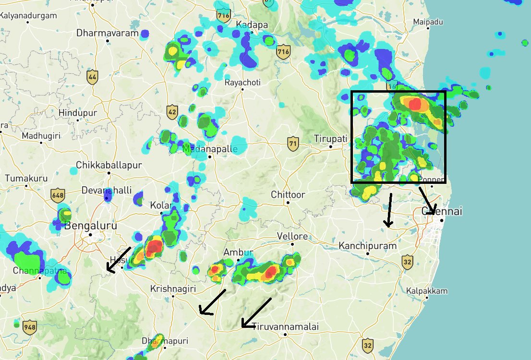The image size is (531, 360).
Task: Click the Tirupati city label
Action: click(330, 138)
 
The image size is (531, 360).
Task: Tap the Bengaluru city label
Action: click(91, 226)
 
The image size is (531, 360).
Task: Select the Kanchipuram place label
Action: click(368, 246)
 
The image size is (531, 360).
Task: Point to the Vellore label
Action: click(292, 236)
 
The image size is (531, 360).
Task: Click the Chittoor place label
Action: click(288, 195)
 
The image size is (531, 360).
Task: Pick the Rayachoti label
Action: click(243, 83)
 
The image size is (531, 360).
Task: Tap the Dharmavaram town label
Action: click(107, 33)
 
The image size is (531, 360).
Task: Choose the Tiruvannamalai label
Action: click(285, 326)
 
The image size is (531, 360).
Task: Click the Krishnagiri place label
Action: click(173, 289)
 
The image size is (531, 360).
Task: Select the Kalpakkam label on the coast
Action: click(427, 291)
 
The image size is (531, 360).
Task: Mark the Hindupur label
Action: click(77, 113)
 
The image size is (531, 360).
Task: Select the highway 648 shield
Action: click(57, 195)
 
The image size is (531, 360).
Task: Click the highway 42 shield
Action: click(172, 112)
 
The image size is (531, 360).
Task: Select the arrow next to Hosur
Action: click(118, 260)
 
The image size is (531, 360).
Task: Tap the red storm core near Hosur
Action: click(155, 247)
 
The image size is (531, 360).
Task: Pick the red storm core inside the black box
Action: click(414, 104)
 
